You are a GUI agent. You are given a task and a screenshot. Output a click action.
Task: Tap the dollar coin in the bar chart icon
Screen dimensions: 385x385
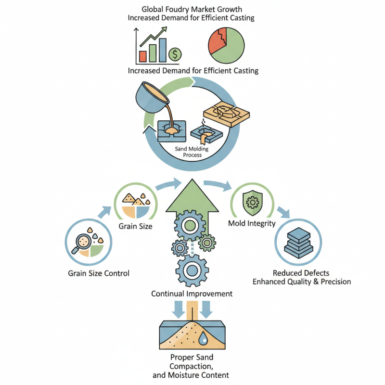tap(175, 53)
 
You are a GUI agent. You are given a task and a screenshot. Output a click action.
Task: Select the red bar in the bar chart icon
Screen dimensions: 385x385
tap(142, 56)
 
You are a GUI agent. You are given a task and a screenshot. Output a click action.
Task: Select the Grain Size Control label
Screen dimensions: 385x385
tap(98, 273)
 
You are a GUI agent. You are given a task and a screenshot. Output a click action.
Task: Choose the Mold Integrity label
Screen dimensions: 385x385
tap(251, 223)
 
